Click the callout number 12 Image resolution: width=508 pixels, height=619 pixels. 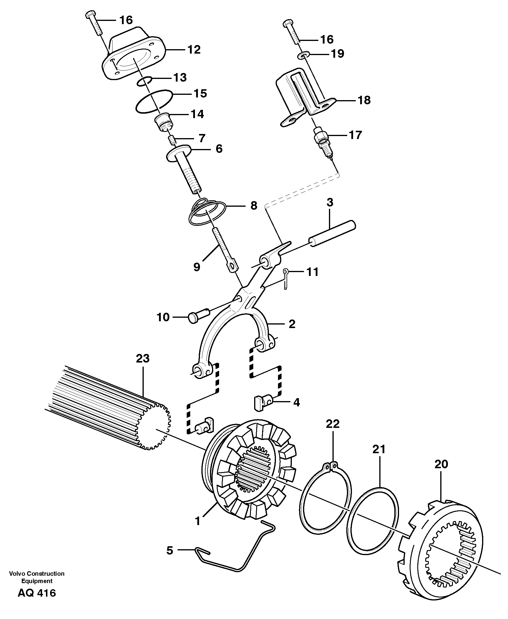coord(194,49)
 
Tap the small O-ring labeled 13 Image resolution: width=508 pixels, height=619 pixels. coord(144,81)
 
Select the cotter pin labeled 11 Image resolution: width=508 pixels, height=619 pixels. coord(286,278)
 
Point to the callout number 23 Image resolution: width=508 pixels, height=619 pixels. coord(143,358)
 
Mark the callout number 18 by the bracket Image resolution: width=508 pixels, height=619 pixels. coord(364,100)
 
